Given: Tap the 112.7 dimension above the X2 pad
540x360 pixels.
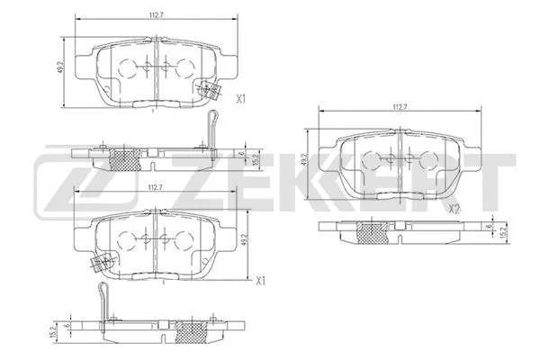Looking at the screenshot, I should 400,107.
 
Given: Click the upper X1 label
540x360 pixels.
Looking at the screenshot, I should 240,101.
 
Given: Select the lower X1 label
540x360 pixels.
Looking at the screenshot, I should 260,281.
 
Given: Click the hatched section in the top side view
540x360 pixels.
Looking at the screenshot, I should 124,159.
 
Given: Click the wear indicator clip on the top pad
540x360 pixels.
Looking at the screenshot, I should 213,90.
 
